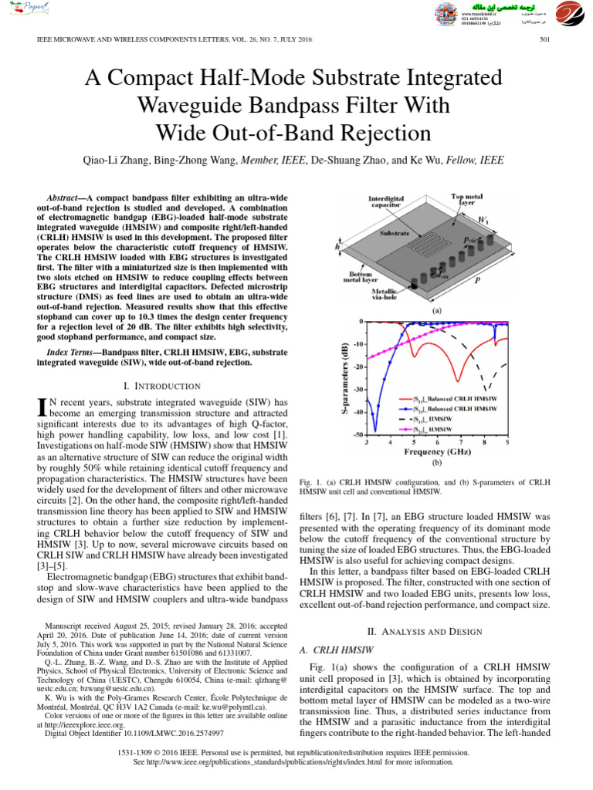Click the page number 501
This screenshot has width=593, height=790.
(x=544, y=40)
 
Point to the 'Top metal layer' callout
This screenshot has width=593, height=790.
(x=469, y=201)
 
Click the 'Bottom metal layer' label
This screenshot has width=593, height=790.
(x=362, y=276)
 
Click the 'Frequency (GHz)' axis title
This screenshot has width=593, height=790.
(x=435, y=452)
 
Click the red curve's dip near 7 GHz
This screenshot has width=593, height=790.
(x=459, y=380)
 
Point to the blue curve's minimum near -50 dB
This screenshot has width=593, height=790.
(x=375, y=430)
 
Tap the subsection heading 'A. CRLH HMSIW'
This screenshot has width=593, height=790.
(x=336, y=651)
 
